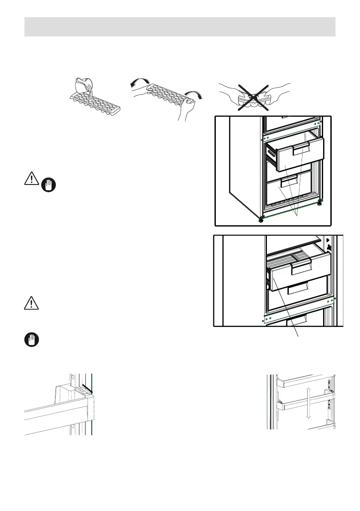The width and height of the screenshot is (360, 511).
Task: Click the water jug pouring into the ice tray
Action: click(83, 85)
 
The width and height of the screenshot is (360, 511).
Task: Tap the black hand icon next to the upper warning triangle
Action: click(49, 184)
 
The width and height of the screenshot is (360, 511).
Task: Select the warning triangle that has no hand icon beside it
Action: click(31, 303)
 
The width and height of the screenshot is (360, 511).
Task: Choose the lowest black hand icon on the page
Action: click(31, 340)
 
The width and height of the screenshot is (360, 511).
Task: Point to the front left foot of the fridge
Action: click(261, 220)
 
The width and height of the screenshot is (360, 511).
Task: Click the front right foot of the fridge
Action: click(319, 203)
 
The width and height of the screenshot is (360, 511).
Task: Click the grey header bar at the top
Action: click(180, 27)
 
